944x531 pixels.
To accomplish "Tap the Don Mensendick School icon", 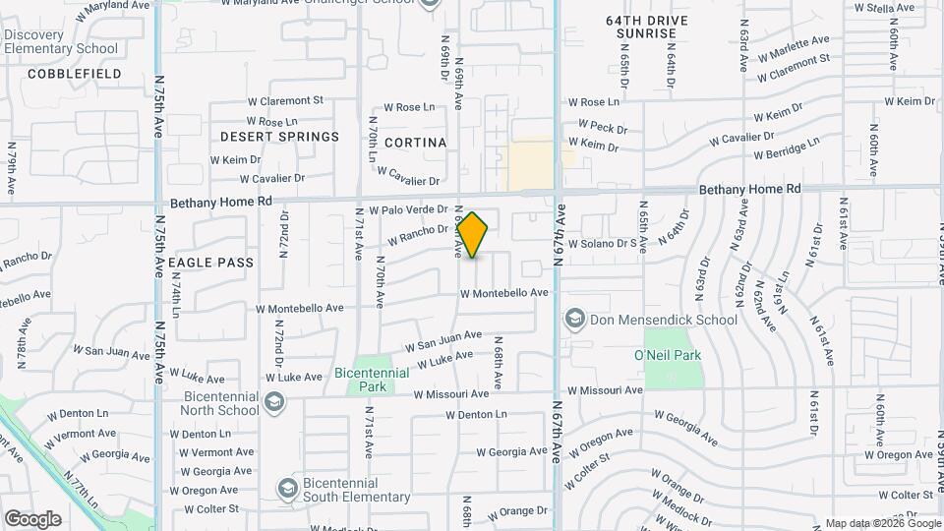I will pos(574,319).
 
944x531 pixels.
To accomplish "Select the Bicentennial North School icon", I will pos(274,402).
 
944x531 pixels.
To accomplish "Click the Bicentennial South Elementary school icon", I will pos(287,489).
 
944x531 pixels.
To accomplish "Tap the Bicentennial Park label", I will pos(370,380).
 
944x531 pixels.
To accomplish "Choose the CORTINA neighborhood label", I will pos(415,143).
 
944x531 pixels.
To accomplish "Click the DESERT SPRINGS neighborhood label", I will pos(279,137).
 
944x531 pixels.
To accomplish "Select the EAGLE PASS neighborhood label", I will pos(210,263).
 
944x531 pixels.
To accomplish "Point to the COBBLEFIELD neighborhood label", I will pos(75,74).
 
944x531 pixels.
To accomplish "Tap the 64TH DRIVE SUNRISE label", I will pos(646,27).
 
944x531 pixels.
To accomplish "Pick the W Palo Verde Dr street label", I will pos(408,210).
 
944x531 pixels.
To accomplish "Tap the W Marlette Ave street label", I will pos(794,45).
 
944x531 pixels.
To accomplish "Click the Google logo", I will pos(32,518).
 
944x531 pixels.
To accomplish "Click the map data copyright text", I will pos(882,523).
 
